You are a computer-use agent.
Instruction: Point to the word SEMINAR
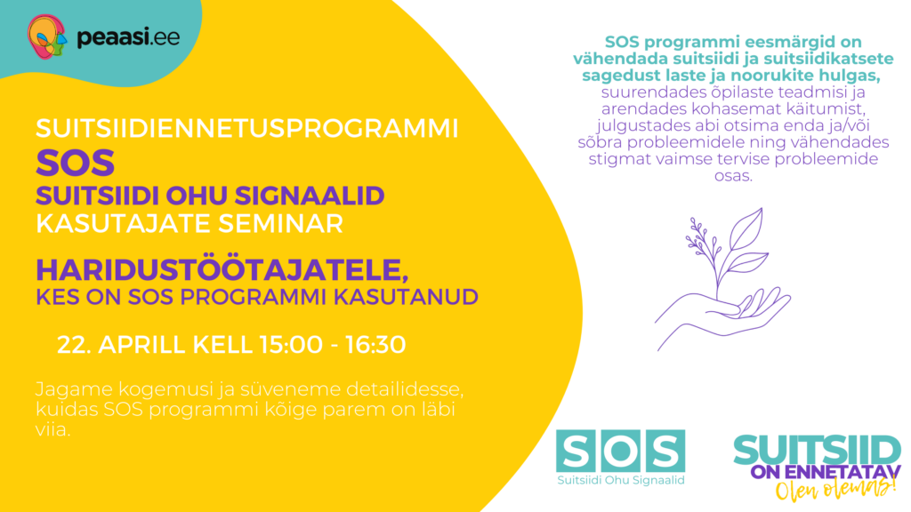click(x=286, y=223)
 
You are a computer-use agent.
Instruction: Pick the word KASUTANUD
click(x=410, y=296)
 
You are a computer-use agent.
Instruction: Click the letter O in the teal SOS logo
click(x=620, y=452)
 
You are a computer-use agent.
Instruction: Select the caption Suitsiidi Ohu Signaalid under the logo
click(x=620, y=481)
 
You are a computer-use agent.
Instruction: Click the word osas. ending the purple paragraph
click(x=732, y=176)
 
